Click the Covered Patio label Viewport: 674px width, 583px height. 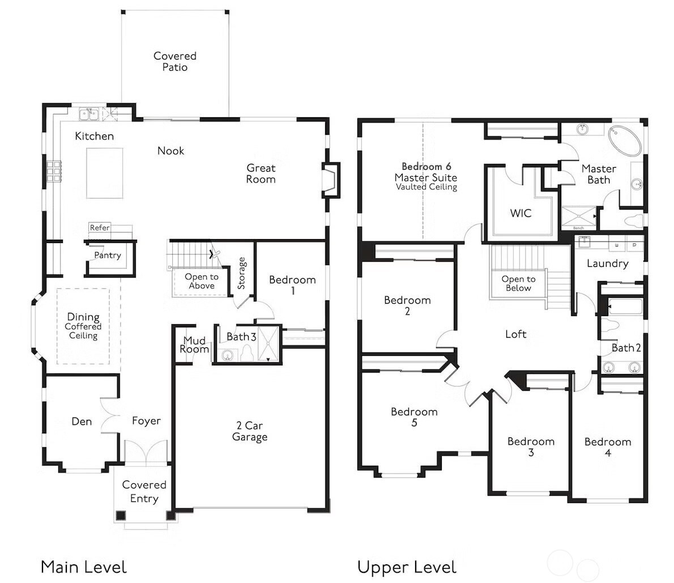point(175,61)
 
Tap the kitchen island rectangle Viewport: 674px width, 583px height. point(104,173)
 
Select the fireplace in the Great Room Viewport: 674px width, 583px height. point(331,180)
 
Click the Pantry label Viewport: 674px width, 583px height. point(108,256)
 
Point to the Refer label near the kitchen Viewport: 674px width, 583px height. point(100,228)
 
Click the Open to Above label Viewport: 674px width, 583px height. point(202,281)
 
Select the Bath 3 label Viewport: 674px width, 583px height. point(241,337)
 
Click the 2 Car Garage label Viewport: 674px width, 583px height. point(249,431)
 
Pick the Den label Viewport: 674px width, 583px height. point(82,422)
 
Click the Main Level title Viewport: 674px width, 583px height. point(83,567)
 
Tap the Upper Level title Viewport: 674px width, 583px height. point(406,567)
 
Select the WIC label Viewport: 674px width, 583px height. point(521,213)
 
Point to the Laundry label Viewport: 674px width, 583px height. point(607,263)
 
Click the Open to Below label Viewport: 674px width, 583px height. point(518,283)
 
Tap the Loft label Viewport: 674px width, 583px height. point(515,334)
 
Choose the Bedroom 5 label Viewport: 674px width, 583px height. point(414,417)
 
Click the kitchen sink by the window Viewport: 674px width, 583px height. point(89,115)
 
